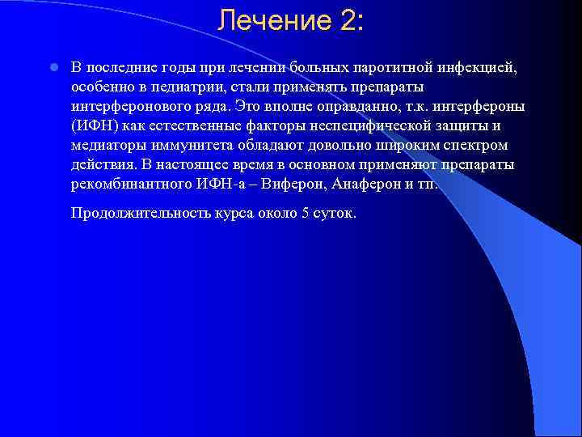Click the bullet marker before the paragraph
point(50,66)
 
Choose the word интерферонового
point(121,105)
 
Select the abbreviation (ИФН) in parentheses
point(94,125)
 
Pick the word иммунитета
point(179,145)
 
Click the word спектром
point(477,145)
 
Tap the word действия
point(101,164)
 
